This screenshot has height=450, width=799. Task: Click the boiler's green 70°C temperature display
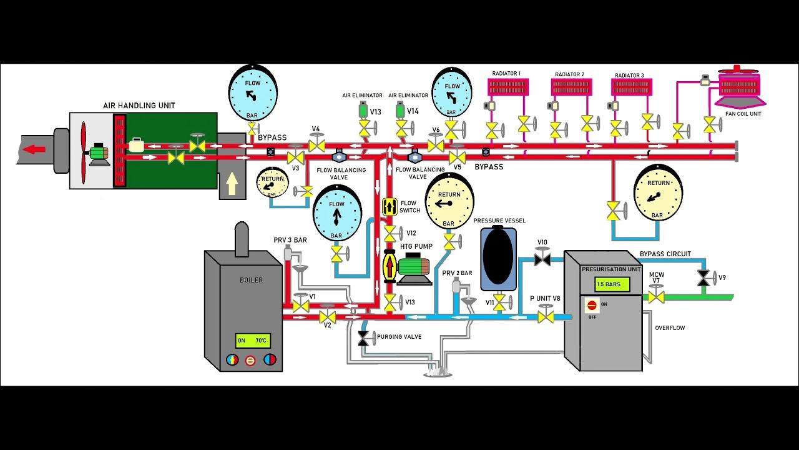(253, 341)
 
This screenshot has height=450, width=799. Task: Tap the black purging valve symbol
(363, 339)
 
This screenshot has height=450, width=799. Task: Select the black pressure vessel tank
(498, 259)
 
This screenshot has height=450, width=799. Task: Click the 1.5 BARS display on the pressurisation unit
(609, 284)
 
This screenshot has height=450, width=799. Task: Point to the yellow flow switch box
(390, 206)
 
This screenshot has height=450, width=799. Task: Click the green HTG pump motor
(411, 267)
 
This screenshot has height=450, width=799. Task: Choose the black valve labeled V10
(542, 258)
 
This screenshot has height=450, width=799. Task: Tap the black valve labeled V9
(704, 279)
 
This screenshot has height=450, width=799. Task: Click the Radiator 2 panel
(569, 86)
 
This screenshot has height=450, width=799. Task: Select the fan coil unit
(740, 87)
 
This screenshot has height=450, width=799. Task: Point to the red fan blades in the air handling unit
(83, 150)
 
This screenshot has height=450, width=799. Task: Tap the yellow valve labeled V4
(316, 146)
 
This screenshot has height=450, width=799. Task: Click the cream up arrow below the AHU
(232, 184)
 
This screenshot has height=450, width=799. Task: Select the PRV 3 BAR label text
(290, 240)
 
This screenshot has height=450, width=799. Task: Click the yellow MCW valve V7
(655, 296)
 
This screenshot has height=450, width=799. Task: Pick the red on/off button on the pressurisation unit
(591, 306)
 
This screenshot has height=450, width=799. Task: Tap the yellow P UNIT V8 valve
(546, 316)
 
